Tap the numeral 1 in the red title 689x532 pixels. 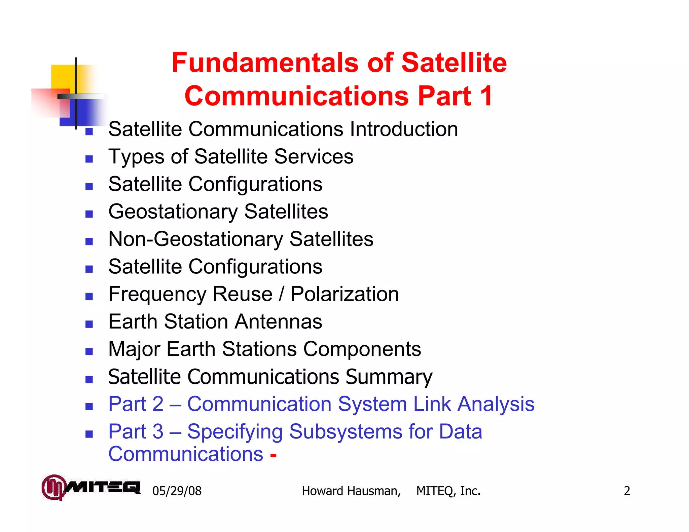[x=486, y=96]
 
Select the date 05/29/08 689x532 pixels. [x=177, y=491]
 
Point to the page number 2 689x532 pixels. [x=627, y=491]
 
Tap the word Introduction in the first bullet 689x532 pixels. [x=404, y=129]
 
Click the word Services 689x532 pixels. [x=314, y=157]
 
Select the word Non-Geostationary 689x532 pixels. [x=196, y=239]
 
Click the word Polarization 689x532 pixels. [x=344, y=294]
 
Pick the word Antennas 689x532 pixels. [x=278, y=322]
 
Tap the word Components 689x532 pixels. [x=362, y=349]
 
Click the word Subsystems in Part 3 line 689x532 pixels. [x=346, y=431]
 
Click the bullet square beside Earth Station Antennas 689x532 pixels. [x=89, y=324]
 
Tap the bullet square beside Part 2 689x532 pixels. [x=89, y=407]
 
